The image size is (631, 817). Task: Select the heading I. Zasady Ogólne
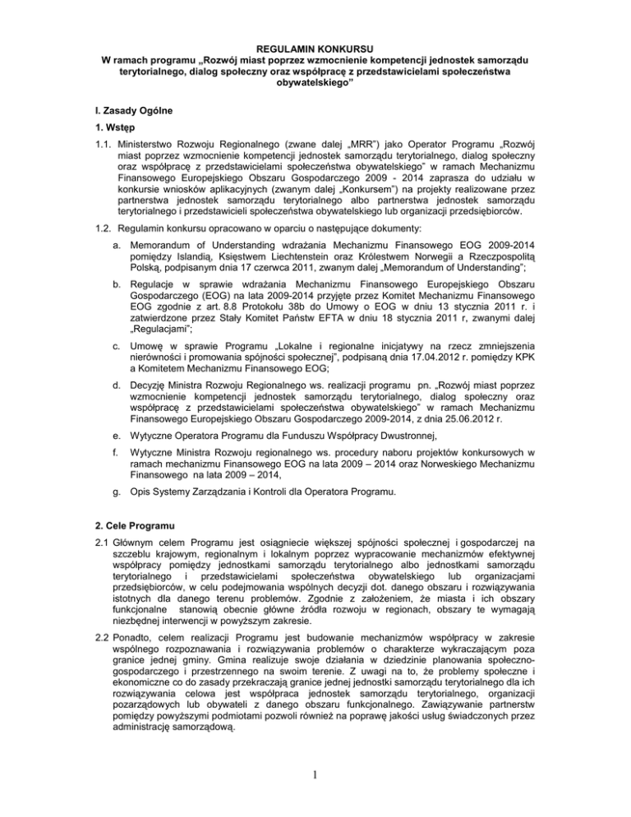113,111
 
